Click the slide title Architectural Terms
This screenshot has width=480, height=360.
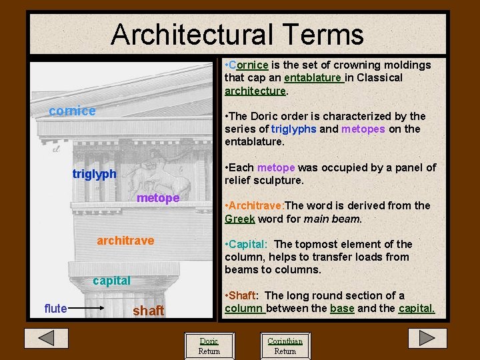237,35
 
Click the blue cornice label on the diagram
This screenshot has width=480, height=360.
73,111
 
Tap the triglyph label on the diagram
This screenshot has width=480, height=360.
94,174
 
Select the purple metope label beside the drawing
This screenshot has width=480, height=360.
158,199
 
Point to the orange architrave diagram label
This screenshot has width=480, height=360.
125,240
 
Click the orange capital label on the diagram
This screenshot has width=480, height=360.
111,281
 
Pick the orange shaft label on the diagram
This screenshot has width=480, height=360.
148,311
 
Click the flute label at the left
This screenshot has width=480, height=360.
55,308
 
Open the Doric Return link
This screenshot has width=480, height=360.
209,346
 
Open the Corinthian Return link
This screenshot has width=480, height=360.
285,346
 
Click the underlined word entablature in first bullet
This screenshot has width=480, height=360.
313,78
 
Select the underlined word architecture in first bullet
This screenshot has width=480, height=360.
255,91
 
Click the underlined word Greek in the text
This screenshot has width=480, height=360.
239,219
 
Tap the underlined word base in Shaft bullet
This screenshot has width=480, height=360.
342,309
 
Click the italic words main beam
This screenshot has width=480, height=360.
332,219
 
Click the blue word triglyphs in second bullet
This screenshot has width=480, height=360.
293,129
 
